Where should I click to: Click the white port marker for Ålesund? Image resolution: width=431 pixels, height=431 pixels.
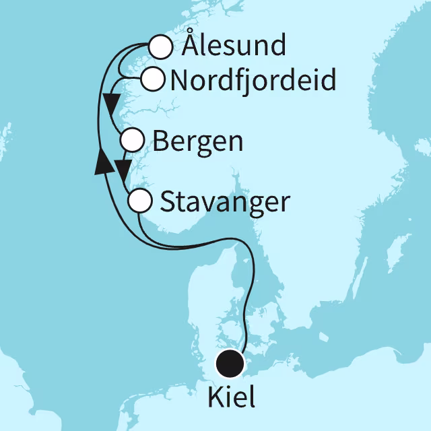[x=160, y=48]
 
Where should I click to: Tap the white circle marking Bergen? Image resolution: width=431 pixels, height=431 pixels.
[x=132, y=141]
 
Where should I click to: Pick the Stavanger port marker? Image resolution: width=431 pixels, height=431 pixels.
[x=139, y=201]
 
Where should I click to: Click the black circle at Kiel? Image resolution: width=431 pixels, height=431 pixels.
[x=230, y=364]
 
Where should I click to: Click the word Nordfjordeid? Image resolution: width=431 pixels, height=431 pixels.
[x=254, y=81]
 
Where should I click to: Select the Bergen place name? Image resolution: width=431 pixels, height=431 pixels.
[x=198, y=141]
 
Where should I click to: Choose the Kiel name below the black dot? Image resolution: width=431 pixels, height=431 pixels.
[x=232, y=397]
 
